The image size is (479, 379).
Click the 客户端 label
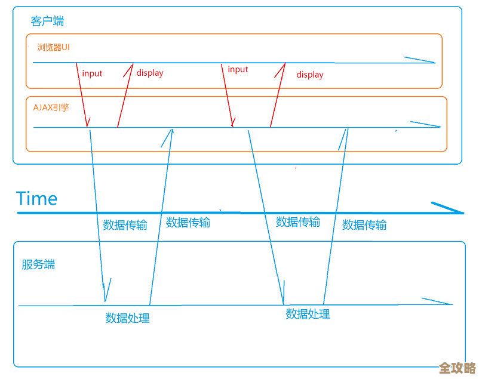coord(47,21)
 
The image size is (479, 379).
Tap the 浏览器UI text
coord(53,47)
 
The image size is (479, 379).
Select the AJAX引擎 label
coord(51,108)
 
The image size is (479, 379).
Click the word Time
coord(37,198)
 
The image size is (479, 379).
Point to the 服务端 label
coord(38,264)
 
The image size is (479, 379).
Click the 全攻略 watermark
coord(457,368)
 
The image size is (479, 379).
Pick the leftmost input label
coord(92,73)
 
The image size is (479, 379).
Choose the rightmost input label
coord(238,69)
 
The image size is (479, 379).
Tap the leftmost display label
coord(149,73)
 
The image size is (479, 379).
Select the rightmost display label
coord(309,75)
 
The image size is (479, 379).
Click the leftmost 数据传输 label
coord(125,225)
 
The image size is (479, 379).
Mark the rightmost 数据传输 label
coord(364,225)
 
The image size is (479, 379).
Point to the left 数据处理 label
coord(127,318)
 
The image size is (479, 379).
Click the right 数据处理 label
coord(308,314)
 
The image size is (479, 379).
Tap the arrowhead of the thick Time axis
coord(454,209)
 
